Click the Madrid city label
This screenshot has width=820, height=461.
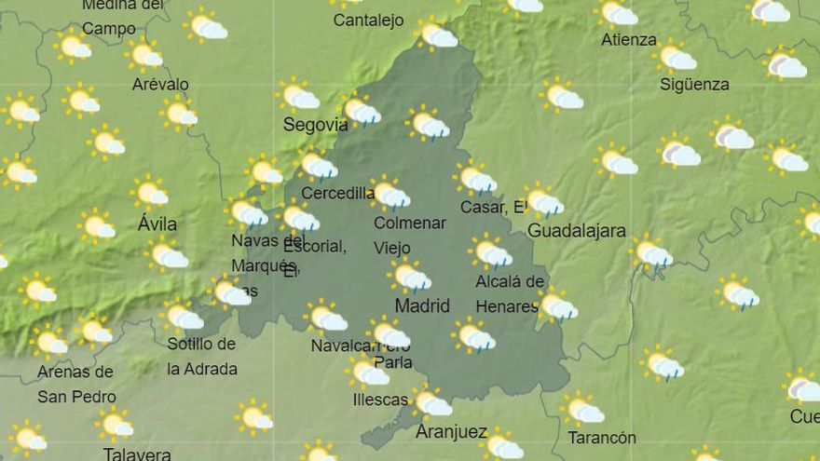[x=422, y=305]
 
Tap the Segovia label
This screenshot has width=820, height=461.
[x=315, y=125]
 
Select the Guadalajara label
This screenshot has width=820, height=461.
[x=576, y=231]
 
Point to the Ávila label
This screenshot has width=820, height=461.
[x=157, y=224]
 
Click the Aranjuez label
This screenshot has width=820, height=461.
[x=451, y=431]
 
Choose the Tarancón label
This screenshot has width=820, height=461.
[x=601, y=438]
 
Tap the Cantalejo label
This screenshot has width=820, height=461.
[x=368, y=20]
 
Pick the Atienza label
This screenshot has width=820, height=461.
[x=628, y=40]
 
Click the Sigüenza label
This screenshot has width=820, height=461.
[x=694, y=84]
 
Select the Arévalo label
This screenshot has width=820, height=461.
[x=160, y=84]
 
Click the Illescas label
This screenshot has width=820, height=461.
[x=380, y=400]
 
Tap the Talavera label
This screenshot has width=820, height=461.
[x=137, y=454]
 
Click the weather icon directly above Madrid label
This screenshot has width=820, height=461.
[x=409, y=276]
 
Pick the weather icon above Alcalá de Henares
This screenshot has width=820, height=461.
[x=490, y=251]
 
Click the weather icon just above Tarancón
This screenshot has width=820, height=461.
[x=582, y=408]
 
